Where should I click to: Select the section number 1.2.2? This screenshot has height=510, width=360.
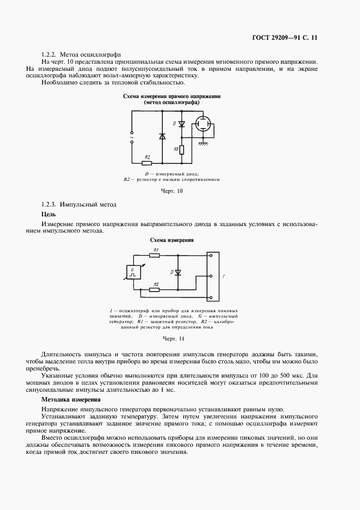[50, 55]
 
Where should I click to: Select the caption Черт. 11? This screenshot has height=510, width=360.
[174, 339]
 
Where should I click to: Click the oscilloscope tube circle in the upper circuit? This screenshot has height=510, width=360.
[205, 124]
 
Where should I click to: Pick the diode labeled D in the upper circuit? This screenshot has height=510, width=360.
[182, 124]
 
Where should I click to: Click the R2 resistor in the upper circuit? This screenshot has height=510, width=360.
[145, 162]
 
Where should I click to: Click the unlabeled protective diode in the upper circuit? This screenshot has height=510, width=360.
[162, 136]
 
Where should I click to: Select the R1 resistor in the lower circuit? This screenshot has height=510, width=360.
[155, 255]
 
